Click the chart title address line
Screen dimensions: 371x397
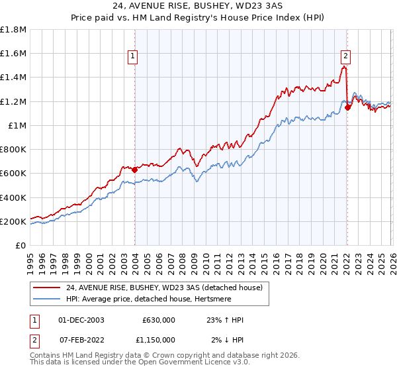point(198,6)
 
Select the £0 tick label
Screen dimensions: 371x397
point(21,245)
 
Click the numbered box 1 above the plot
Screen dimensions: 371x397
point(134,57)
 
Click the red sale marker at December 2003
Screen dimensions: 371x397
point(134,170)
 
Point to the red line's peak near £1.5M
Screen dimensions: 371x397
point(344,66)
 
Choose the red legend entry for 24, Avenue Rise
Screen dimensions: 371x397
point(164,287)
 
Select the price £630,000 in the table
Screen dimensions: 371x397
point(159,320)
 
